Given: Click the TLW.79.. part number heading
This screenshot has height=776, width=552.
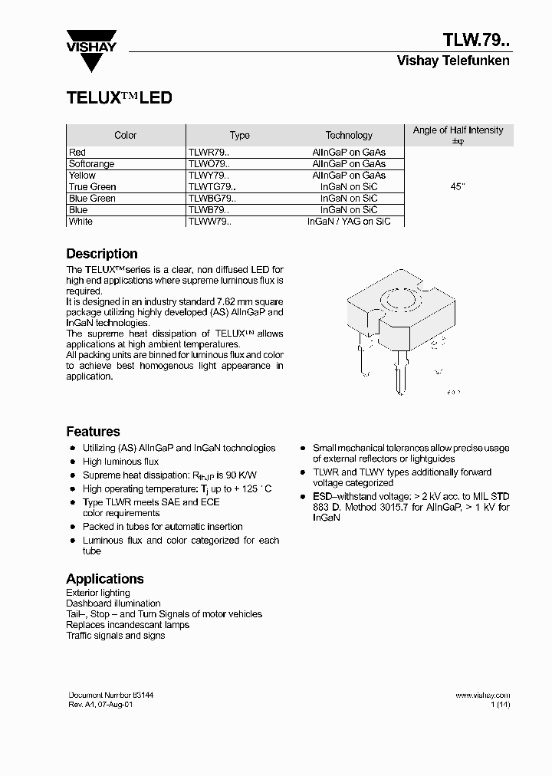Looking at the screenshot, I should pos(475,40).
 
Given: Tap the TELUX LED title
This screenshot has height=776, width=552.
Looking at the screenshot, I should pos(119,98).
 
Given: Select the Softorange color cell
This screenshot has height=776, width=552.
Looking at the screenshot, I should pos(91,164).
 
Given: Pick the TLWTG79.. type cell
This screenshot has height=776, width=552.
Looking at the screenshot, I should pos(212,187).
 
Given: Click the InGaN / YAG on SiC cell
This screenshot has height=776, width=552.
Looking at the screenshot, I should pos(349,222).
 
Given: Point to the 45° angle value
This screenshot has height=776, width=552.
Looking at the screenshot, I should pos(458,187).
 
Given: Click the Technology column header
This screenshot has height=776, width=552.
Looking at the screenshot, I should pos(349,136).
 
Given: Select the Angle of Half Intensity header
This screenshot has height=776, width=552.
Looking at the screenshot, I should pos(458,130).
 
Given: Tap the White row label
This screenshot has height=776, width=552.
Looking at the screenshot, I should pos(80,222).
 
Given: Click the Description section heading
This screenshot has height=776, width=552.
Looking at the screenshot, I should pos(102,254).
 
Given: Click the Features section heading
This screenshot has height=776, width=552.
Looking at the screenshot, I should pos(93,432).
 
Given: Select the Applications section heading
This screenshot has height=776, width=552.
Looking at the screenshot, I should pos(105,579).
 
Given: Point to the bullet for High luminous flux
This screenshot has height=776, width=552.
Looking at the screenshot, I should pos(73,462).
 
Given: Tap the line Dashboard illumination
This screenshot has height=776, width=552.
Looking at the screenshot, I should pos(113,603).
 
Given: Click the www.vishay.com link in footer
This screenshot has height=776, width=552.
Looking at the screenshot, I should pos(482,695).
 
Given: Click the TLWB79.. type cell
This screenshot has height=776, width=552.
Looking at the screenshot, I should pos(208,210).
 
